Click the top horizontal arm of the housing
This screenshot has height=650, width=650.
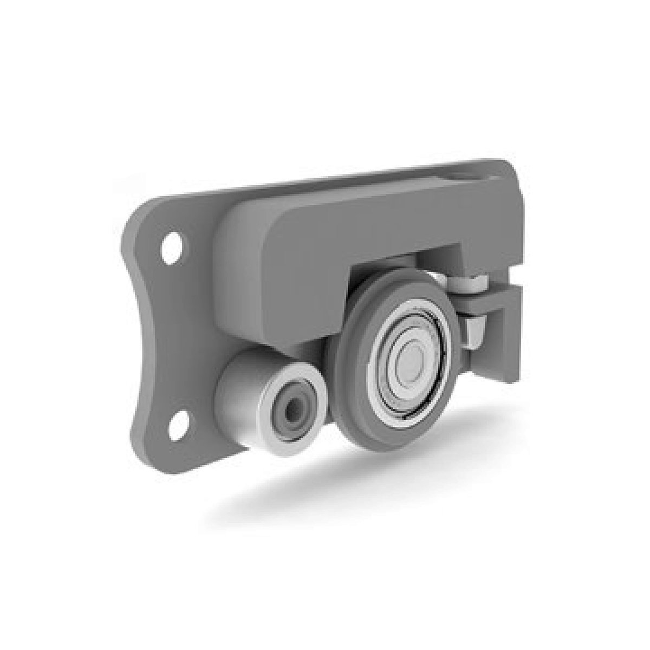[379, 217]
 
